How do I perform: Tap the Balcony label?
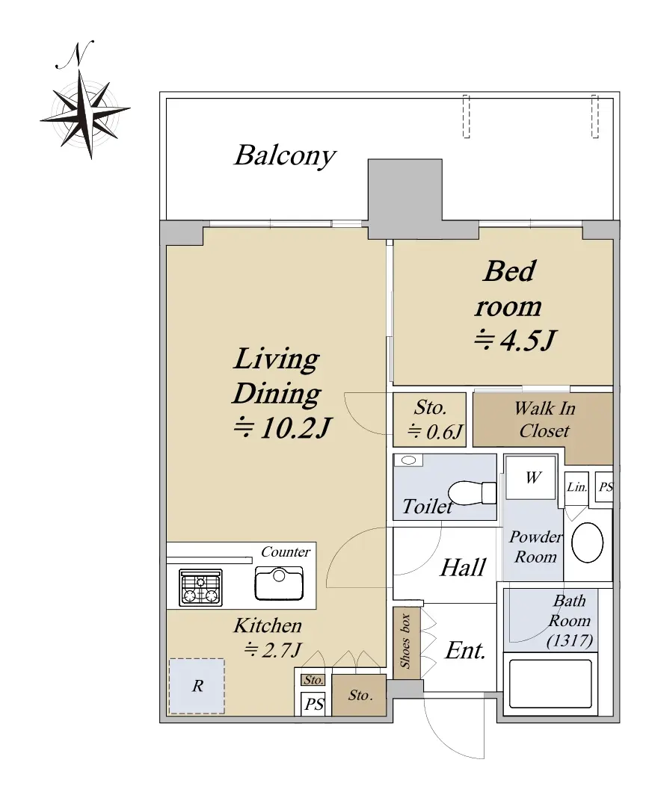[x=285, y=155]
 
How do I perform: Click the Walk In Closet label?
[x=544, y=419]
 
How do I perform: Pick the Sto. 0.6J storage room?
[x=430, y=420]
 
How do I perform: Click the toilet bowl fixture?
[x=472, y=492]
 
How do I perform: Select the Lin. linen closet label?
[x=577, y=487]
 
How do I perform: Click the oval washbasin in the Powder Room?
[x=587, y=542]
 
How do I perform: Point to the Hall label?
[x=463, y=567]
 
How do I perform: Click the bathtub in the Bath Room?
[x=550, y=684]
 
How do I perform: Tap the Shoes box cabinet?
[x=407, y=641]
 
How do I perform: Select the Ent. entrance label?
[x=465, y=651]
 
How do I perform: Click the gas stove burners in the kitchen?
[x=200, y=587]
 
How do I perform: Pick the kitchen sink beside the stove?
[x=279, y=584]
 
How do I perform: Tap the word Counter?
[x=286, y=551]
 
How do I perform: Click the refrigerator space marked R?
[x=197, y=686]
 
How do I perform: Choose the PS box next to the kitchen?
[x=314, y=705]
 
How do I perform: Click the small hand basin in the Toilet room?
[x=408, y=460]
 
